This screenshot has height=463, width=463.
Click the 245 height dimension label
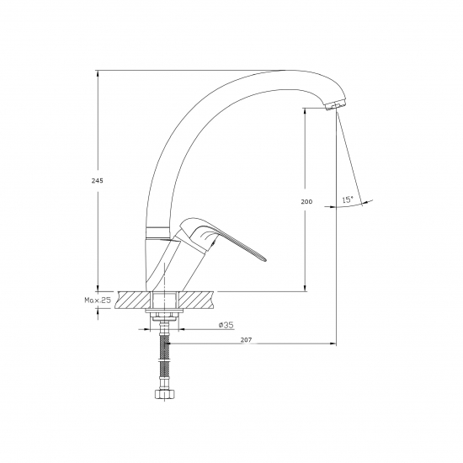pos(97,181)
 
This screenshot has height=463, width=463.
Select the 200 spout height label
pos(306,202)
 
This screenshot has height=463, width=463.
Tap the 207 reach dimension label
pos(247,339)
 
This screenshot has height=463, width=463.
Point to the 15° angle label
pos(348,200)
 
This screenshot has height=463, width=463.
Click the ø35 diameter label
pos(226,325)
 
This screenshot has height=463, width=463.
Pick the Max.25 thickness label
pos(98,301)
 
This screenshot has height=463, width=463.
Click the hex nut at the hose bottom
pos(165,394)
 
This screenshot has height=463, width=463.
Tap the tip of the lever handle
pos(267,260)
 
